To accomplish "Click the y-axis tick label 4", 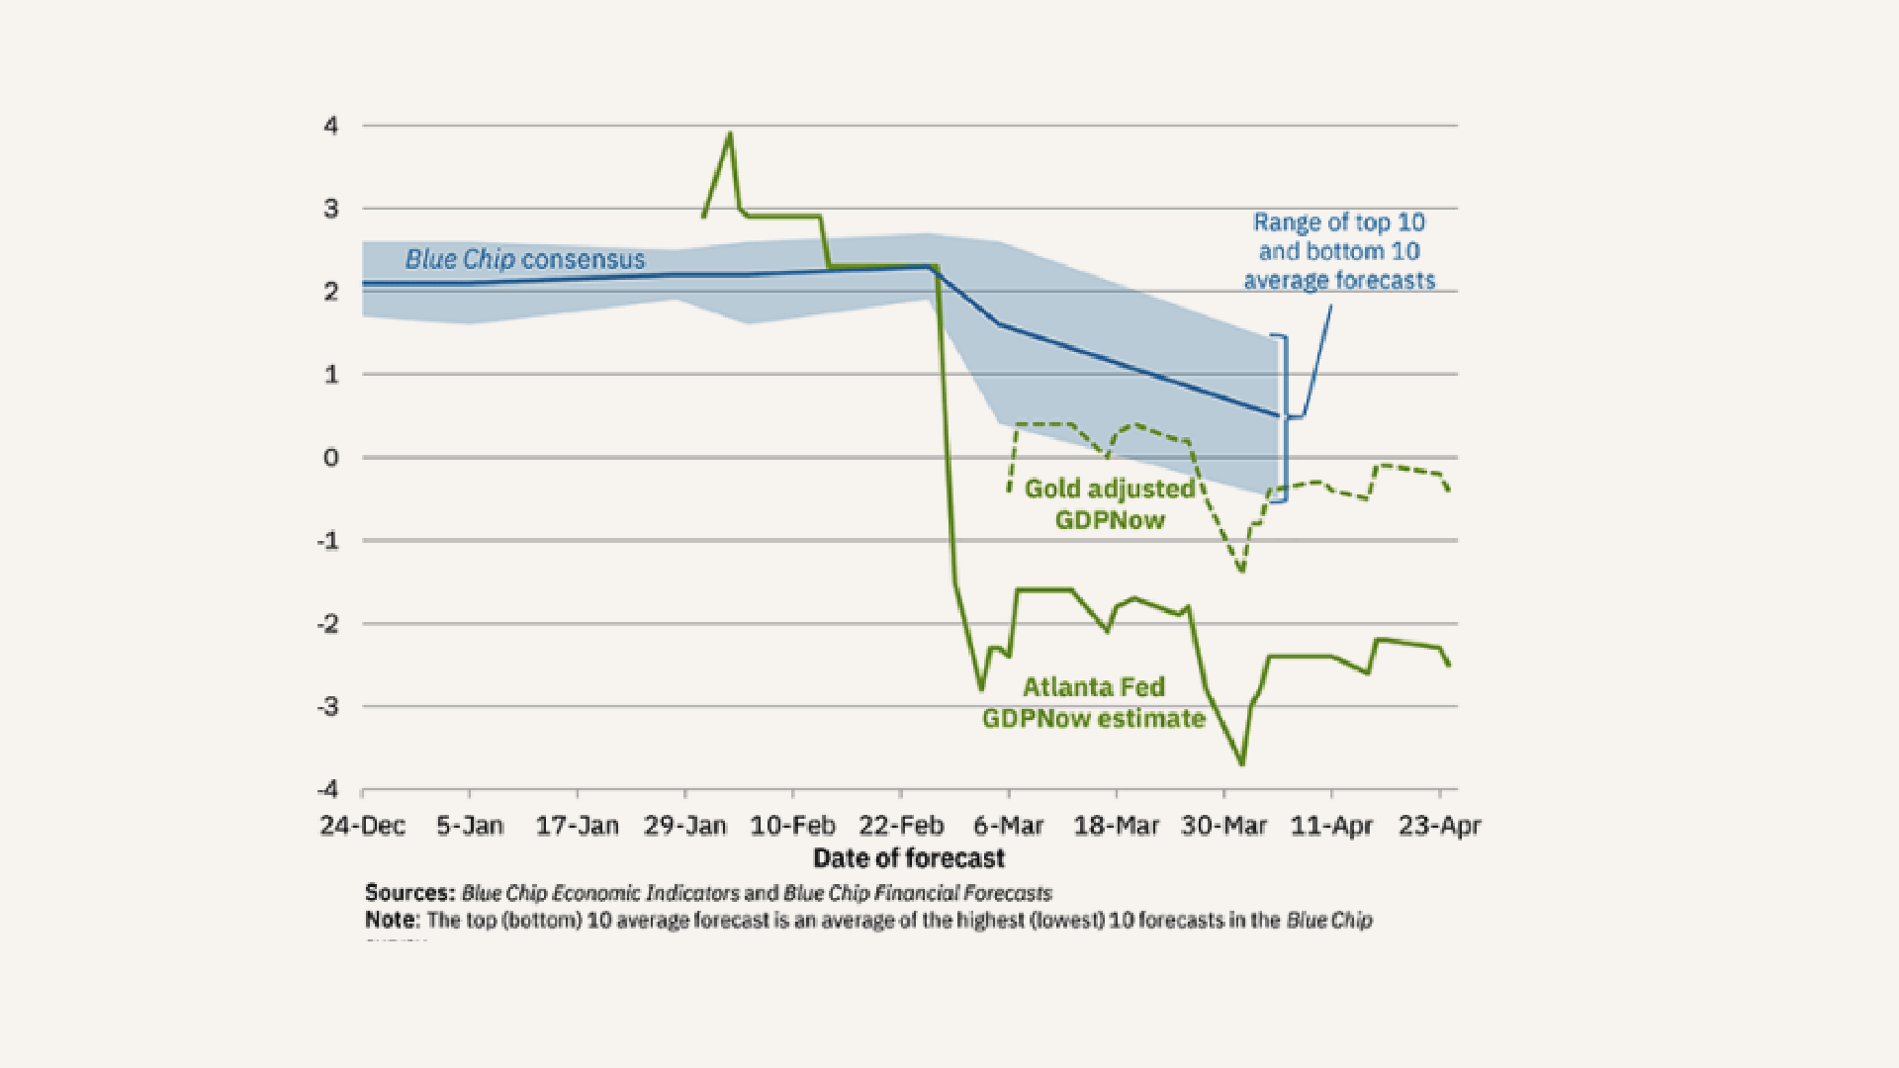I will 330,126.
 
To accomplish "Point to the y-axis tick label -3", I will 327,706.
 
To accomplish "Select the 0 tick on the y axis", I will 330,457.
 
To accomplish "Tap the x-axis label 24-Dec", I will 362,826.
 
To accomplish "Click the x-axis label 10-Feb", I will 792,826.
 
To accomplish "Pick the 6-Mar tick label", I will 1008,826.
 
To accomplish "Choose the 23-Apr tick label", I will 1439,826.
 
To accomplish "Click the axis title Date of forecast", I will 908,857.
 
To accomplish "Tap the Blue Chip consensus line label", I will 524,259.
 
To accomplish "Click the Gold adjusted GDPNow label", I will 1110,503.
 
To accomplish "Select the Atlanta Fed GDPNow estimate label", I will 1094,702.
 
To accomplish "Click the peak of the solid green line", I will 730,133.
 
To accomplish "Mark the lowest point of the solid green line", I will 1242,763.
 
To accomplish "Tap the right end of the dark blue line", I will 1278,415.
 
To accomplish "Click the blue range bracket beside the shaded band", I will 1285,418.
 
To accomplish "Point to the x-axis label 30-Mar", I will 1223,826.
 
